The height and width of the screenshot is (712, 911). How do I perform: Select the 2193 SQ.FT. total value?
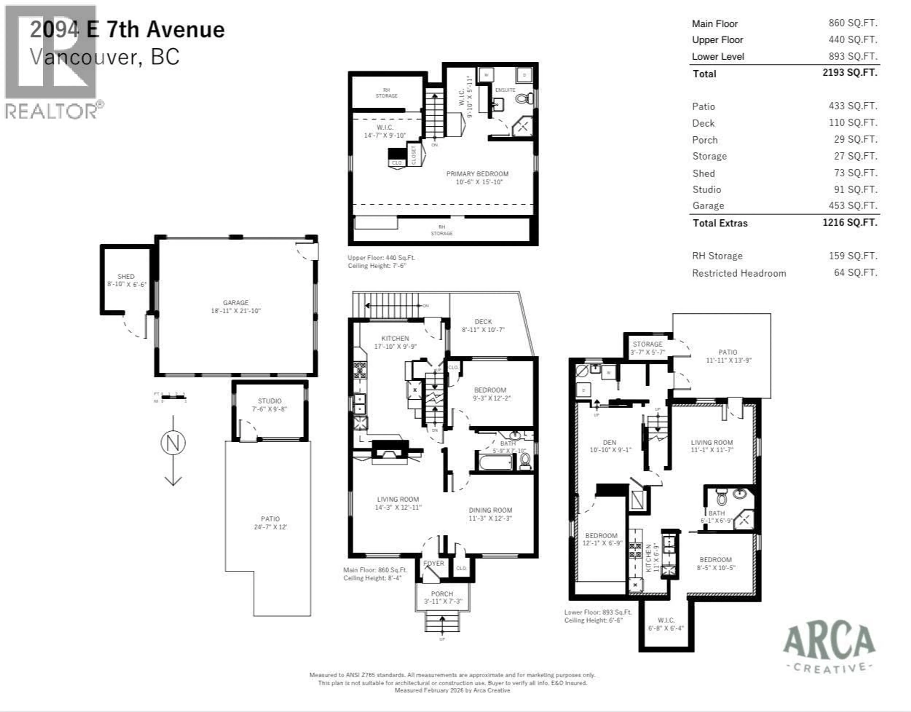click(850, 73)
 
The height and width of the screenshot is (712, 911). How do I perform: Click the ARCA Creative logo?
click(829, 647)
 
